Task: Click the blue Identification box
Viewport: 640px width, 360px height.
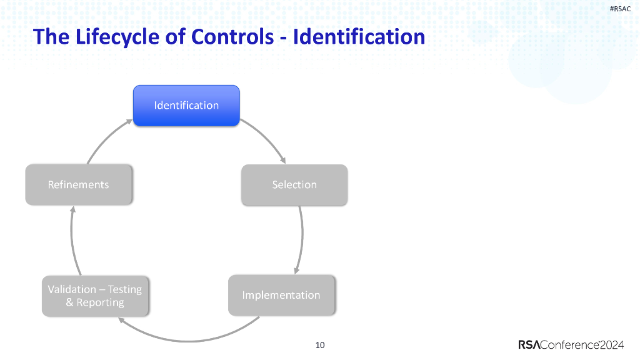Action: (x=186, y=106)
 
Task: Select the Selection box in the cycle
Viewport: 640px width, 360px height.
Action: (x=294, y=185)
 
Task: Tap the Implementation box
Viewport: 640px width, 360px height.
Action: (x=281, y=295)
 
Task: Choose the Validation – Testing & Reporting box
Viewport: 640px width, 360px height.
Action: (x=95, y=296)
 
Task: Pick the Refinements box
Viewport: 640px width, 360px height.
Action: (x=78, y=185)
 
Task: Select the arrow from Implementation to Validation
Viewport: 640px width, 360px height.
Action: (x=187, y=339)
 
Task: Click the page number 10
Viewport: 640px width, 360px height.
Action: (x=320, y=345)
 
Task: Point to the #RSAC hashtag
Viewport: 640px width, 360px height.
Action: (x=620, y=8)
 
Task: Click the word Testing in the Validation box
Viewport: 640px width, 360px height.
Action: (x=125, y=289)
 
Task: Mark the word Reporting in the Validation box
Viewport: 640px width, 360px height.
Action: (x=100, y=303)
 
